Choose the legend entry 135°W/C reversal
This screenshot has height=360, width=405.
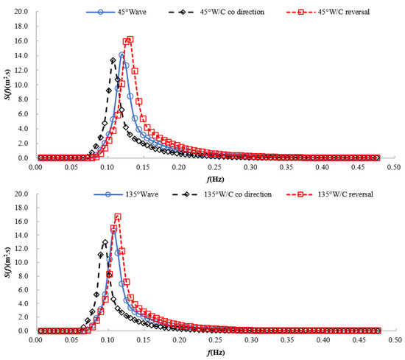tap(343, 194)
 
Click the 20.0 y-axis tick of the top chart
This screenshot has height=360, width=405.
tap(19, 12)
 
